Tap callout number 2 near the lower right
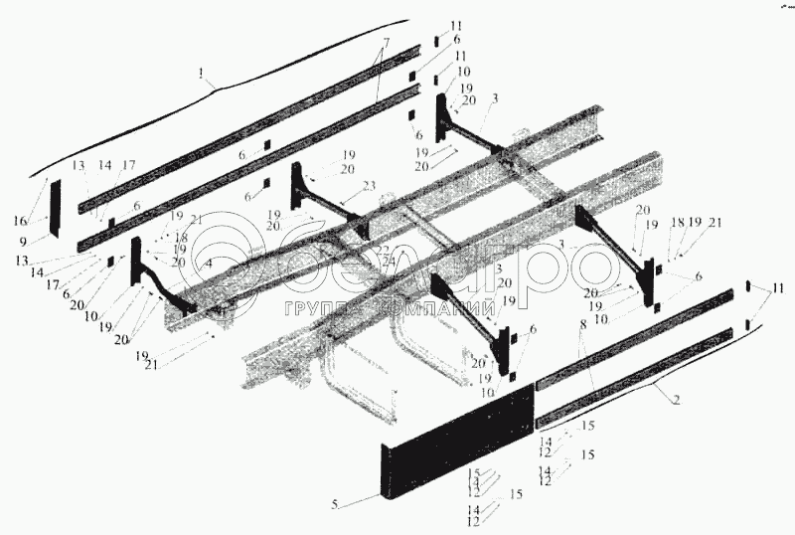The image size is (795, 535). tap(676, 400)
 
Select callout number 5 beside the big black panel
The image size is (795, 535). tap(335, 505)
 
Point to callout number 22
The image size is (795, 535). tap(382, 249)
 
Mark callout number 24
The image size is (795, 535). tap(387, 261)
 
